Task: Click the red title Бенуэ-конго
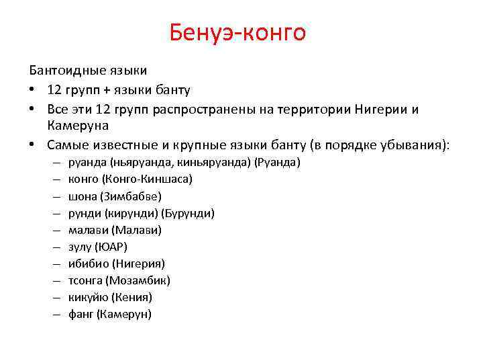[237, 32]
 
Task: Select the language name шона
[83, 196]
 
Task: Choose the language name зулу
[81, 247]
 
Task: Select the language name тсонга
[86, 280]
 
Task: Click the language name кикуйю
[88, 297]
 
